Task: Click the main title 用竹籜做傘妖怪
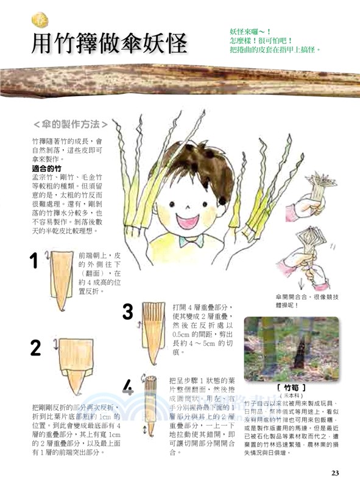tap(110, 43)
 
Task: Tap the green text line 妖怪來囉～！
tap(250, 30)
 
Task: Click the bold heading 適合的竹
tap(48, 167)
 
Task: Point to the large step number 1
tap(35, 262)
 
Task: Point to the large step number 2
tap(36, 348)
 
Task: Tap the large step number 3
tap(127, 312)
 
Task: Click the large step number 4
tap(127, 387)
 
